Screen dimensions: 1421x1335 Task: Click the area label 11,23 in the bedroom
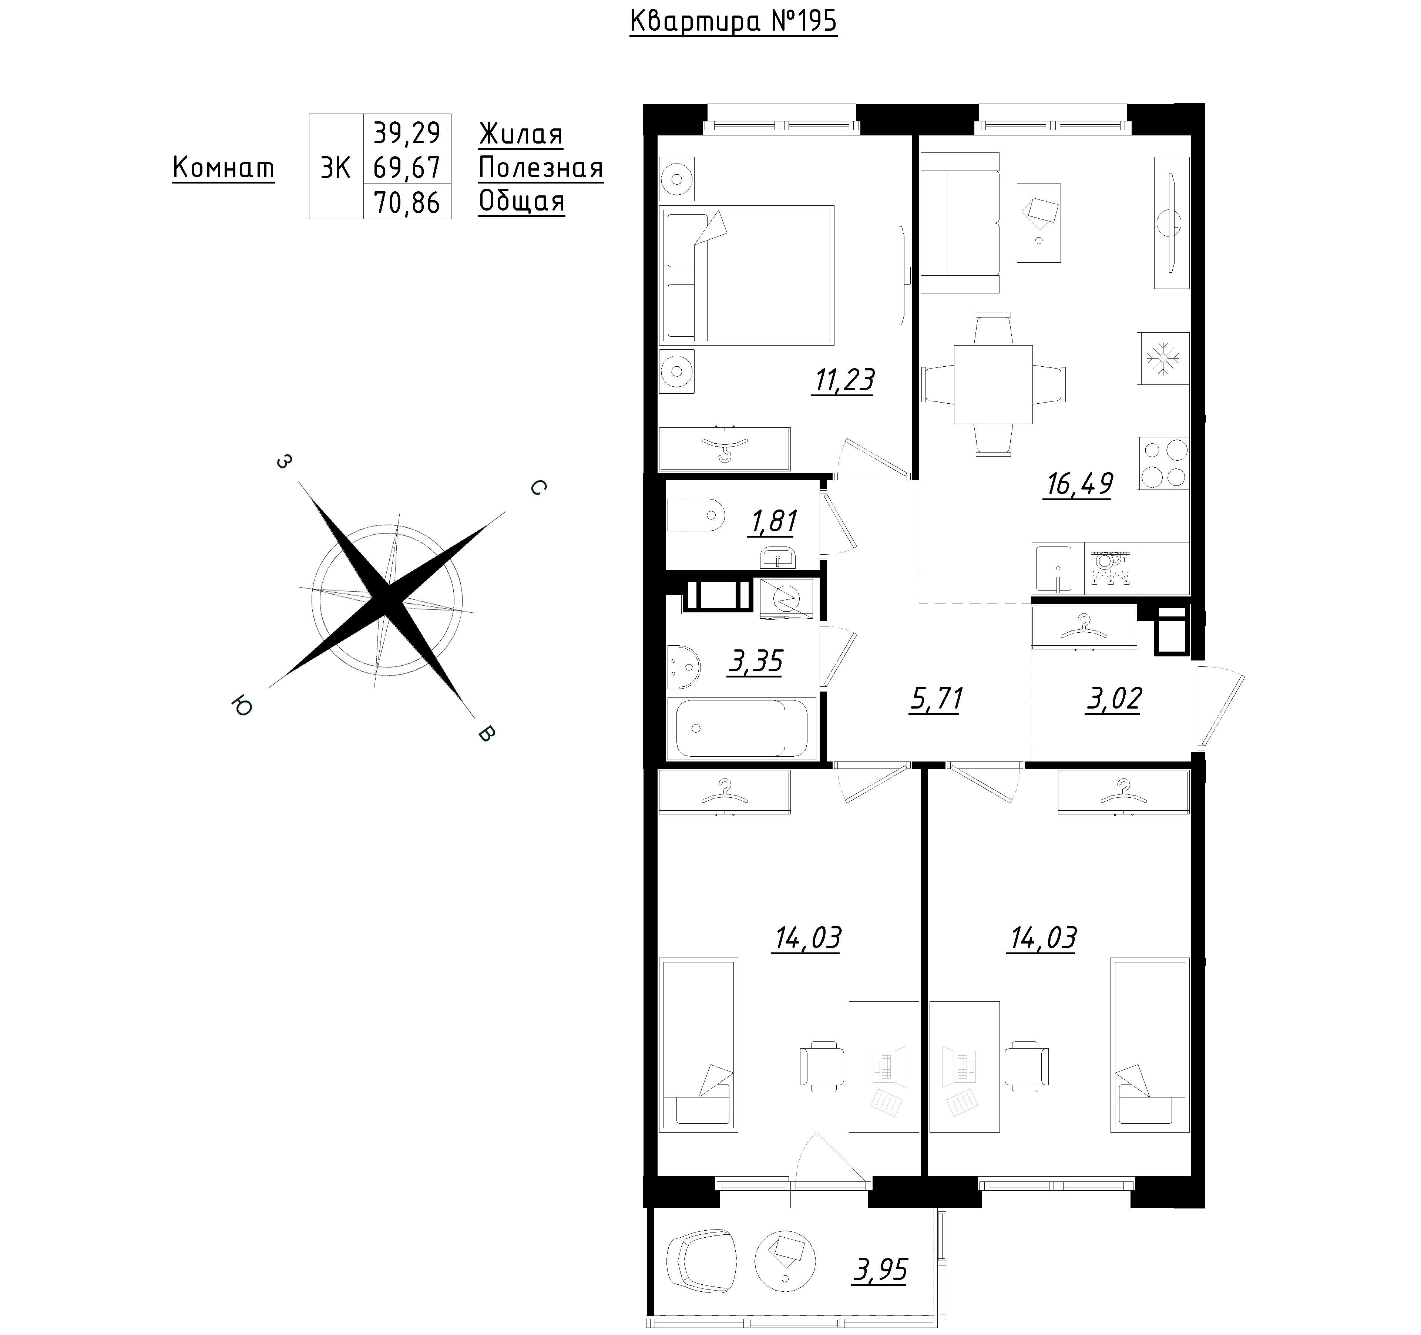[x=843, y=381]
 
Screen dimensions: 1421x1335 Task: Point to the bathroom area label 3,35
[x=756, y=662]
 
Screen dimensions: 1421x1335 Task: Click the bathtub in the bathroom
[x=741, y=728]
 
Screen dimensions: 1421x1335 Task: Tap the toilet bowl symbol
[x=695, y=515]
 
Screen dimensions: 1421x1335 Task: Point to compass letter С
[x=538, y=487]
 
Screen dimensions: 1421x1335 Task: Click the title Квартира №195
[x=733, y=21]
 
